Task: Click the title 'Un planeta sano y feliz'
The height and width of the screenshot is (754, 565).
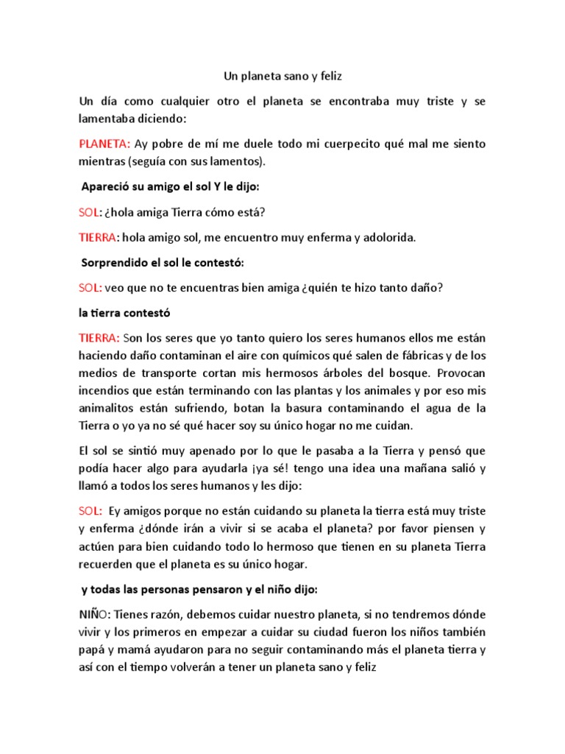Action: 282,75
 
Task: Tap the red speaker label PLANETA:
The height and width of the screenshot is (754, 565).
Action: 105,143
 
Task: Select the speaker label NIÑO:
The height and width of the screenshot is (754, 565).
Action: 97,614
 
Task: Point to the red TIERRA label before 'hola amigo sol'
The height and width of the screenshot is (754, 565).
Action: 98,237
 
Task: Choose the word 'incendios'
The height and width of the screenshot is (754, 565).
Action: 104,390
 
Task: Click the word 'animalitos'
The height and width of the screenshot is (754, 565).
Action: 110,408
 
